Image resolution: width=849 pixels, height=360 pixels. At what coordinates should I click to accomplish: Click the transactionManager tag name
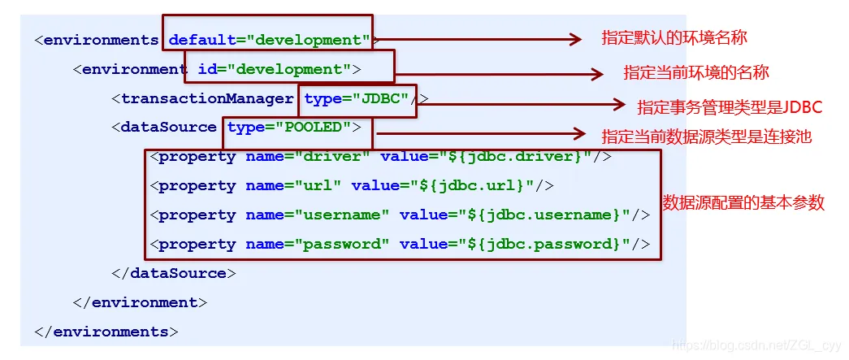click(207, 98)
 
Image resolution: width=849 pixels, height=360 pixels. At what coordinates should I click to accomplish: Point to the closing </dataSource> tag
click(174, 273)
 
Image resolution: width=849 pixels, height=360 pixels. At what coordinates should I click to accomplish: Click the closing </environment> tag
click(141, 302)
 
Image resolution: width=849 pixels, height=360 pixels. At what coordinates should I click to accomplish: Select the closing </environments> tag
click(106, 332)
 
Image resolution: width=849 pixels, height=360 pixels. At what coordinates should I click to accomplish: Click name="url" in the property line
click(293, 185)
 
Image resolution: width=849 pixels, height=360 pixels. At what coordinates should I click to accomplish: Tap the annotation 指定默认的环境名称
click(674, 37)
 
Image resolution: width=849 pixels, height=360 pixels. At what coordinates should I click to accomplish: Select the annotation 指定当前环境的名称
click(696, 72)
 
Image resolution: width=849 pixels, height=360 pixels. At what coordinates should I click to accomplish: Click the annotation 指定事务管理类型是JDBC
click(730, 107)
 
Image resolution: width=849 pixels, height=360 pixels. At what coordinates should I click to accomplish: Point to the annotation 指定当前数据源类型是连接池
click(707, 137)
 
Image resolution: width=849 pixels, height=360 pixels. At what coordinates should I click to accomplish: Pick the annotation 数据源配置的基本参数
click(743, 202)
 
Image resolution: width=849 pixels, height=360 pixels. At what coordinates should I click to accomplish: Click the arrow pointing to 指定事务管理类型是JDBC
click(522, 105)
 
